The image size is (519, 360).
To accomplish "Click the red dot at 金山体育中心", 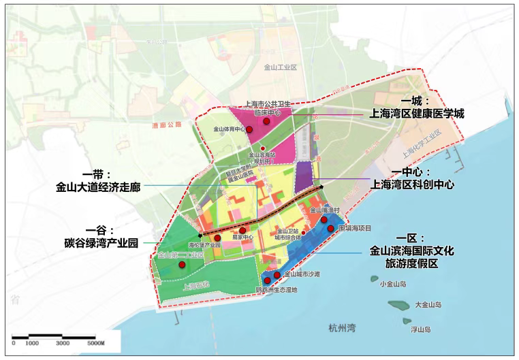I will [249, 129].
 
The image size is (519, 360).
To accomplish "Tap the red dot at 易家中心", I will [242, 231].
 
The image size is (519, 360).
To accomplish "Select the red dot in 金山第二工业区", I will [182, 265].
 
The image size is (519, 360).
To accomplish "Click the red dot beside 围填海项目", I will [331, 229].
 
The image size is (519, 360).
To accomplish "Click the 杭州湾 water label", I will [341, 327].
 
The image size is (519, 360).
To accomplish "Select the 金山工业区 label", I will [281, 68].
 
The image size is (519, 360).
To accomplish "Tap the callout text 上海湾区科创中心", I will [411, 184].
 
